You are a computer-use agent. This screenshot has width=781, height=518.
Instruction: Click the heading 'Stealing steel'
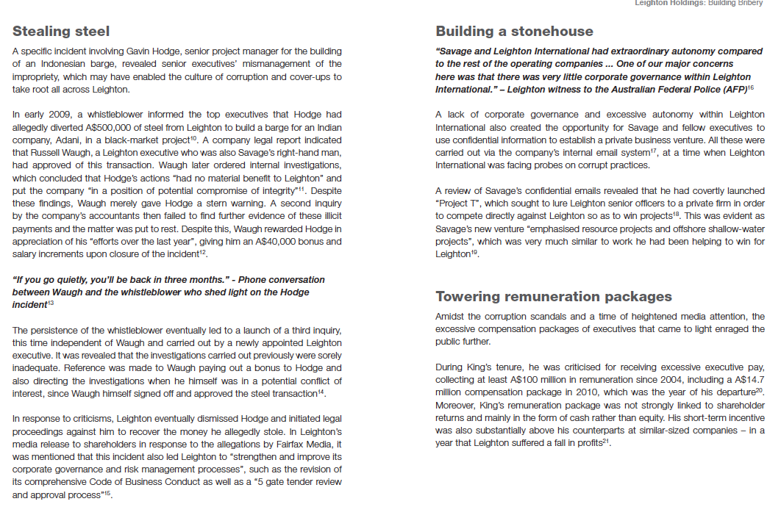click(x=61, y=31)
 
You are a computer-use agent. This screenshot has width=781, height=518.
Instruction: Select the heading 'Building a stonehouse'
click(x=514, y=31)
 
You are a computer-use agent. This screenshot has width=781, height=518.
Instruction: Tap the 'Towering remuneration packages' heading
click(x=553, y=296)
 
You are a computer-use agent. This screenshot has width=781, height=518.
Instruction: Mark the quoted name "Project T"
click(x=458, y=203)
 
